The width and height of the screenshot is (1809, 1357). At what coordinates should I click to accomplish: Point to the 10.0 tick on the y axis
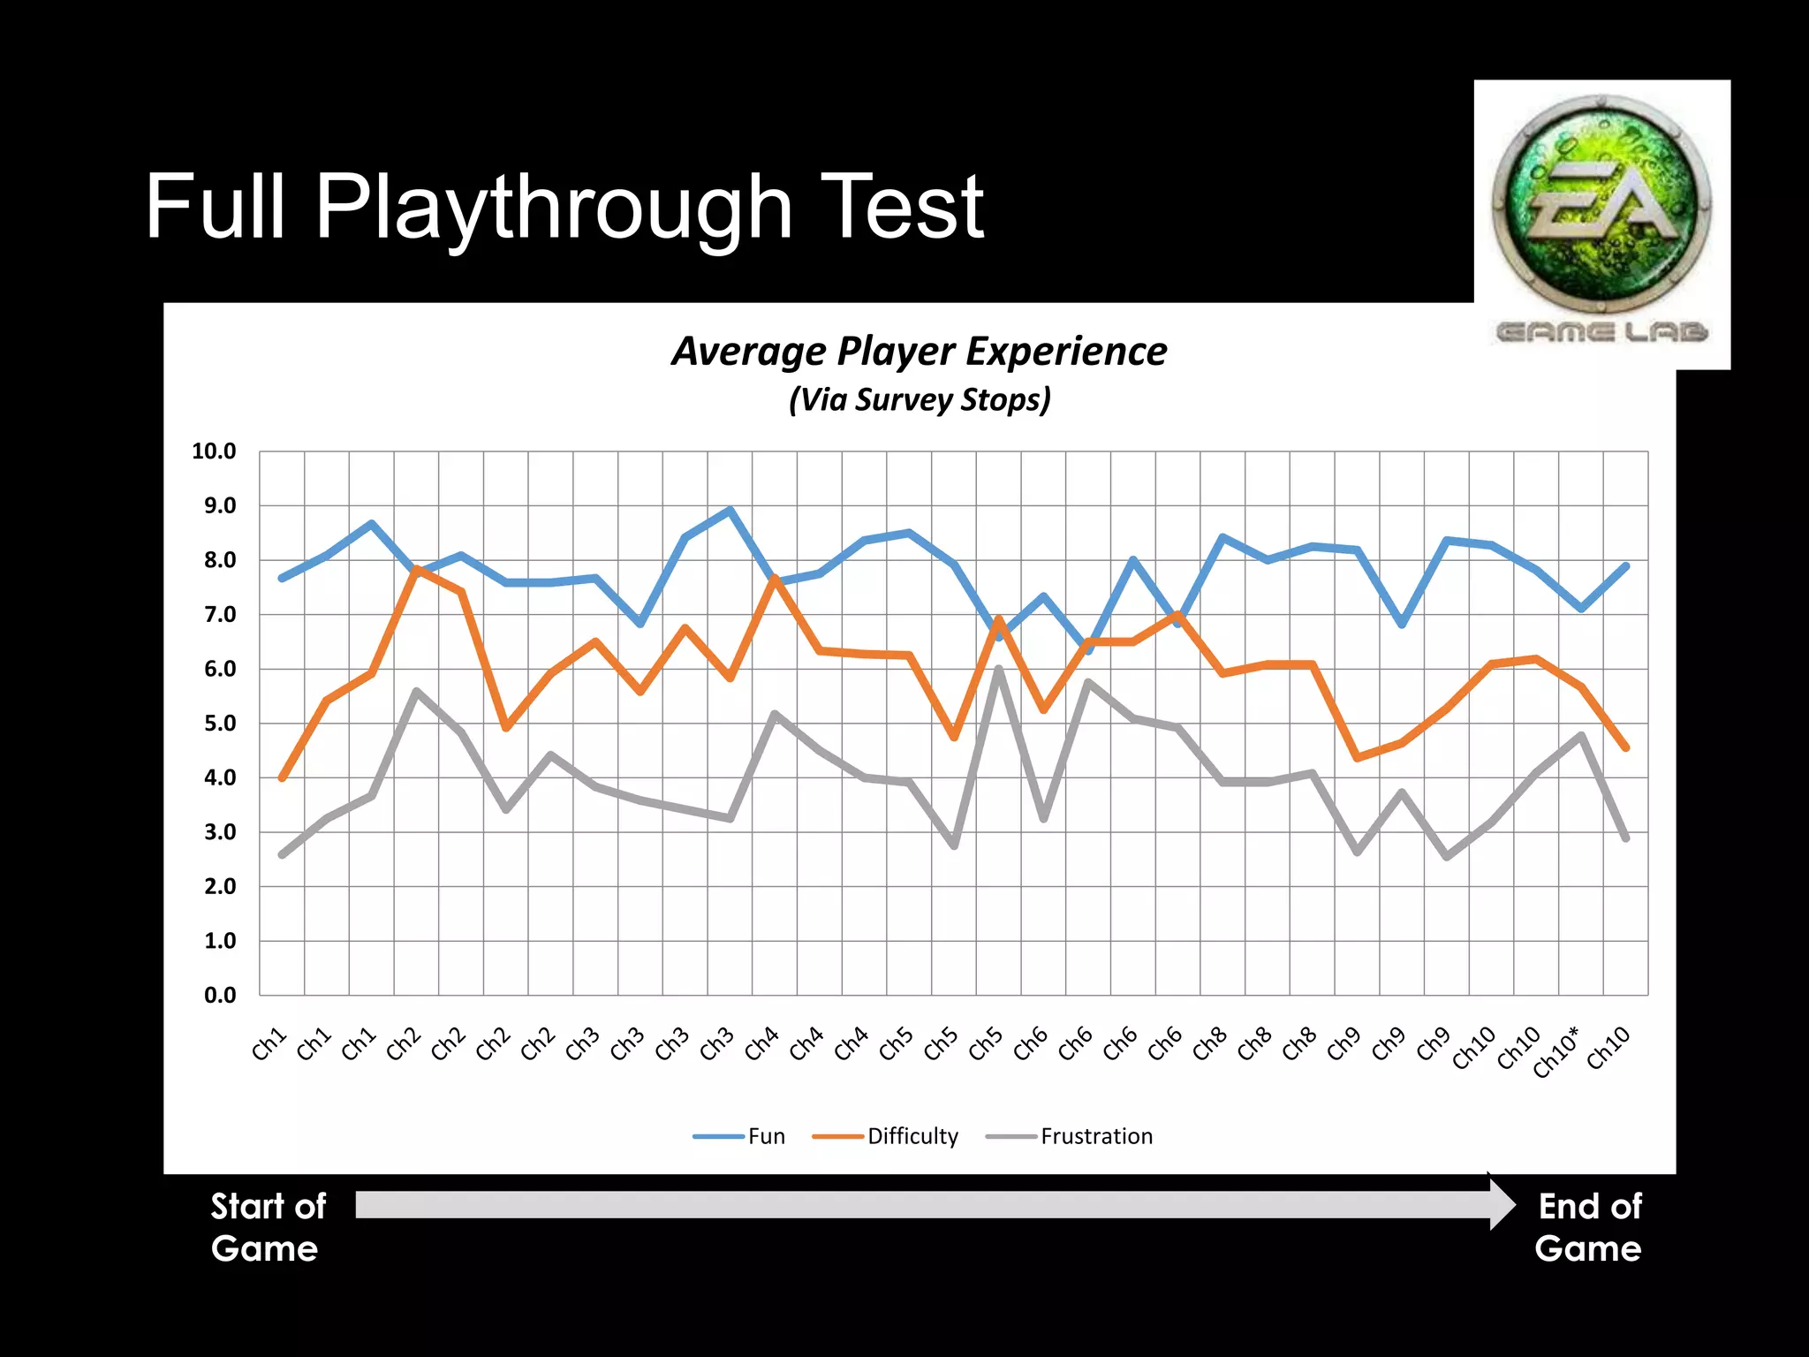(x=214, y=451)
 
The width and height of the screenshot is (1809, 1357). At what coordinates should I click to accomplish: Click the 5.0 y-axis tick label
(x=220, y=724)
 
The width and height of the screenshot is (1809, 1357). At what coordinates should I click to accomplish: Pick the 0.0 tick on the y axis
(x=220, y=996)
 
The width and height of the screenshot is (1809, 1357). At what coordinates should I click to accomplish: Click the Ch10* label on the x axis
(x=1556, y=1051)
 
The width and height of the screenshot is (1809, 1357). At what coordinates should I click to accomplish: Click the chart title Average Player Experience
(x=919, y=352)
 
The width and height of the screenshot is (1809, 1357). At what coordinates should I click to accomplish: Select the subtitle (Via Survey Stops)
(x=920, y=399)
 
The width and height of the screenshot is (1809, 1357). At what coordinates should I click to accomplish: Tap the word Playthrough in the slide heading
(x=554, y=208)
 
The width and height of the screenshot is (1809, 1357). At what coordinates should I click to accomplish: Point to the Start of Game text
(x=268, y=1227)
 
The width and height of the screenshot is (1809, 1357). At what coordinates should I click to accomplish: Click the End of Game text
(x=1588, y=1227)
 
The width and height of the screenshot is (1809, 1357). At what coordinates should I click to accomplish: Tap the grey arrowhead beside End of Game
(x=1502, y=1204)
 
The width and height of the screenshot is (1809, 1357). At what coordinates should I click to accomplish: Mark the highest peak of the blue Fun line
(x=730, y=510)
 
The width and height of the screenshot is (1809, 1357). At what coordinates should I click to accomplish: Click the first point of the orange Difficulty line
(x=282, y=778)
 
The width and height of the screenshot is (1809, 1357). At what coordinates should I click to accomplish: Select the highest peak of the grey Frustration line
(x=998, y=669)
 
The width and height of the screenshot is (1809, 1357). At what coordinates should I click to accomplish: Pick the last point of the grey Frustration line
(x=1625, y=838)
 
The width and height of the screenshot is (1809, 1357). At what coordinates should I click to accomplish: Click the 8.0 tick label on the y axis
(x=220, y=560)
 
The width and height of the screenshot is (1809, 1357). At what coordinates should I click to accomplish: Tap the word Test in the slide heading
(x=901, y=208)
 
